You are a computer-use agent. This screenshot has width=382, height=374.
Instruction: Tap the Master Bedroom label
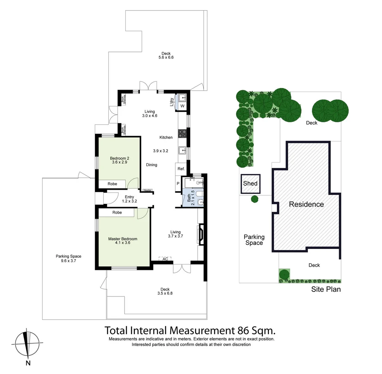tap(122, 240)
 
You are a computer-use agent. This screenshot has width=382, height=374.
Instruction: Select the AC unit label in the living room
tap(165, 259)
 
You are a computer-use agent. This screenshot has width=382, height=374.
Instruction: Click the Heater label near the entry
tap(147, 190)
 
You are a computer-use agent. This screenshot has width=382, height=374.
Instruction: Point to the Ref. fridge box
tap(181, 169)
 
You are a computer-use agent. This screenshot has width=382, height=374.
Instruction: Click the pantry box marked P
tap(178, 184)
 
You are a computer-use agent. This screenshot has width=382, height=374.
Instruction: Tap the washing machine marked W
tap(182, 106)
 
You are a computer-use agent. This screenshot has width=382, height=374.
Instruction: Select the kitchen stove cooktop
tap(182, 133)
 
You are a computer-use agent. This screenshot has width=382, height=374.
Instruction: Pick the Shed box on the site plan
tap(251, 183)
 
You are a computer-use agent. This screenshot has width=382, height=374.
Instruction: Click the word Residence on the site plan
tap(306, 204)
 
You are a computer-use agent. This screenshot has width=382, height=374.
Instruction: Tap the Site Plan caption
tap(326, 289)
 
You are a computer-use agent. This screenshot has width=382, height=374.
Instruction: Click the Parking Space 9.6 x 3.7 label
tap(68, 258)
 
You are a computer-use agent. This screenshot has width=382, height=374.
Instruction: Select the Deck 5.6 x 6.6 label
tap(166, 55)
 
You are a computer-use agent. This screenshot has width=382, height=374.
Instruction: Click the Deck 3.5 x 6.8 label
tap(165, 291)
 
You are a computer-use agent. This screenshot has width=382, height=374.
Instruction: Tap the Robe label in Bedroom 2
tap(112, 184)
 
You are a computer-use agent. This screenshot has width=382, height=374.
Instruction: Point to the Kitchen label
tap(166, 137)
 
